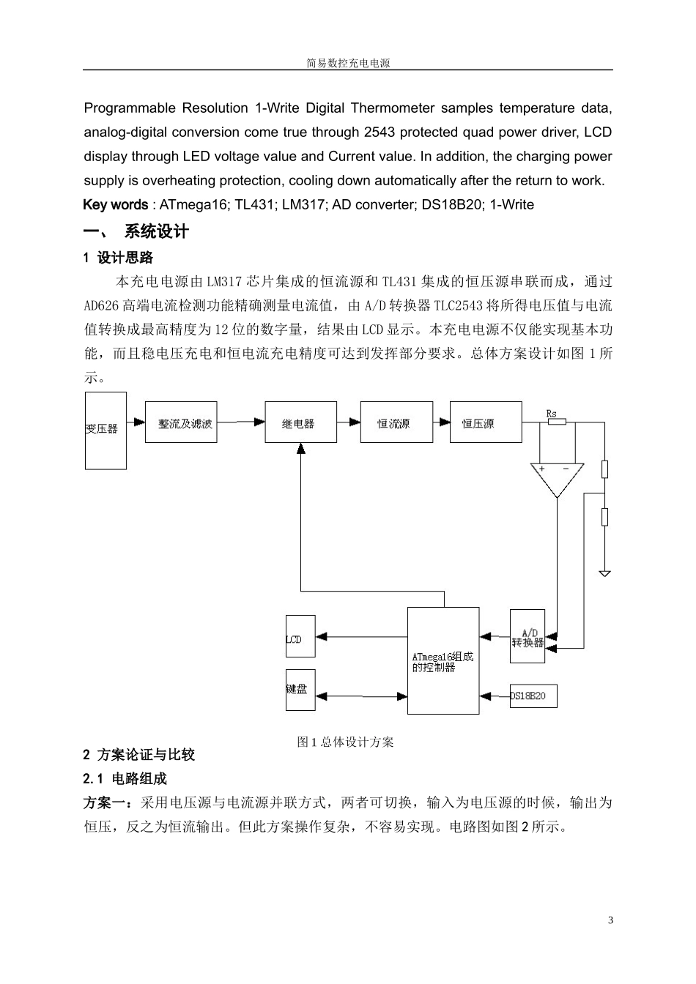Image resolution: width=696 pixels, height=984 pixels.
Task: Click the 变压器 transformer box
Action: click(x=105, y=430)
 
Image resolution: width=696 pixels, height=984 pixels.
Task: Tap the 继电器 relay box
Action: click(x=300, y=422)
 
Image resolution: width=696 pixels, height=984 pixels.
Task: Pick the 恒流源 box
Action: click(x=396, y=422)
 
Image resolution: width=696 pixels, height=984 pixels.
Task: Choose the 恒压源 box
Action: click(x=485, y=422)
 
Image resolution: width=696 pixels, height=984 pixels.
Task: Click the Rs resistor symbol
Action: click(x=557, y=422)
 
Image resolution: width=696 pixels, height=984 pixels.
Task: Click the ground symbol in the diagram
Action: click(x=604, y=573)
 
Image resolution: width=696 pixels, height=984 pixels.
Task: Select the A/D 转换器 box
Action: click(x=527, y=636)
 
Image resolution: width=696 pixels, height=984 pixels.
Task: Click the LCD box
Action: click(x=300, y=636)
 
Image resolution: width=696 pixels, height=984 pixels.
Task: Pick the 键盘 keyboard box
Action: click(x=300, y=690)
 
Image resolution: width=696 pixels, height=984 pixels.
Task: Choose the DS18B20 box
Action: click(x=533, y=696)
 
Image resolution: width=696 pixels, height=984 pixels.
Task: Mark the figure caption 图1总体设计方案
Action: click(x=345, y=742)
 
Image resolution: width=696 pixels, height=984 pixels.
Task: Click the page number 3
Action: click(x=610, y=920)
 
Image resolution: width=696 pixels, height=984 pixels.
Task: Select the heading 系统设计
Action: click(x=157, y=232)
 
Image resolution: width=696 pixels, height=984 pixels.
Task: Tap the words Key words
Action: click(x=115, y=205)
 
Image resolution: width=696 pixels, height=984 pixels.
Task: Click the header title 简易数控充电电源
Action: click(x=348, y=64)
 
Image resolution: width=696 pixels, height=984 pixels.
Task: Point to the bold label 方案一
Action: click(x=107, y=802)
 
